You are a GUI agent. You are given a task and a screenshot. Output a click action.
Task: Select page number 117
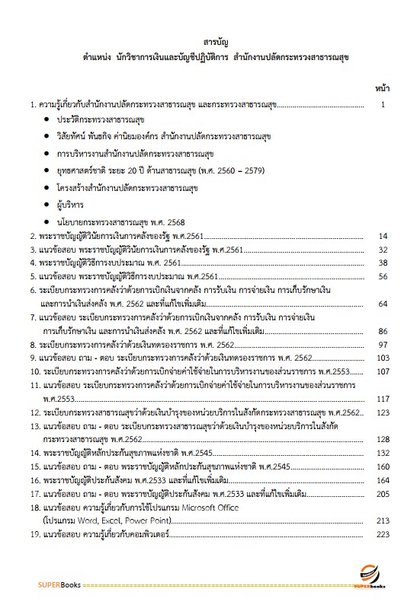383,398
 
